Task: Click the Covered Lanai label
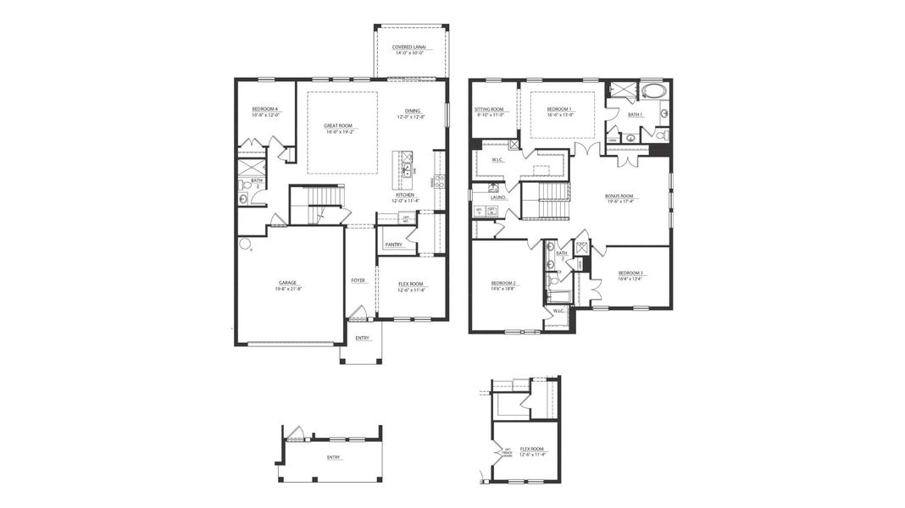[x=409, y=47]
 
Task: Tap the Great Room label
[x=337, y=125]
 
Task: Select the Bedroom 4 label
[x=264, y=108]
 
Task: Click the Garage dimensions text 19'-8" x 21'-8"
[x=289, y=290]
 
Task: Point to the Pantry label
[x=393, y=245]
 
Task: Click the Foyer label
[x=358, y=280]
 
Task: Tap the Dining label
[x=412, y=111]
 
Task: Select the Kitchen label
[x=404, y=195]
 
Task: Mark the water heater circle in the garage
[x=244, y=246]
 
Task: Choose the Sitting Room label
[x=489, y=108]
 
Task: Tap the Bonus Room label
[x=619, y=196]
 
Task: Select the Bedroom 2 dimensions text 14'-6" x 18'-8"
[x=502, y=289]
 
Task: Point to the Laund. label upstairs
[x=498, y=197]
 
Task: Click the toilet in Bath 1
[x=661, y=135]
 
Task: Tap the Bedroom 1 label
[x=558, y=108]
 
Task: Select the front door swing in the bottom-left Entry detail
[x=295, y=434]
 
